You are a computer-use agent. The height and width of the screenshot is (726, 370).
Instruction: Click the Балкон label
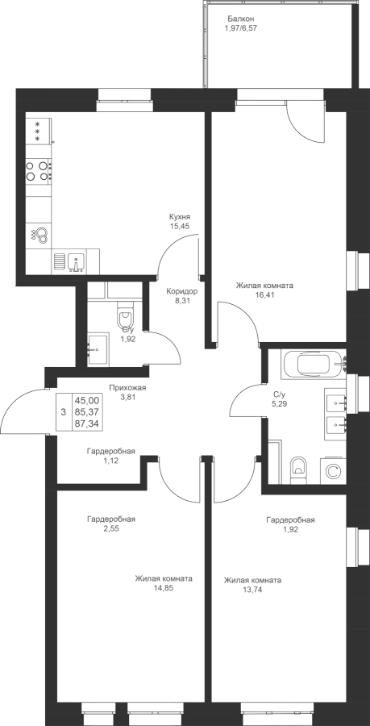[x=241, y=19]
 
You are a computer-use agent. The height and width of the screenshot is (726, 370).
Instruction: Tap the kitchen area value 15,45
[x=180, y=226]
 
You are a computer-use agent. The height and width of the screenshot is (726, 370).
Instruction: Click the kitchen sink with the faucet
[x=76, y=262]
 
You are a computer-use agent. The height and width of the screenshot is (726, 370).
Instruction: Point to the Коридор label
[x=182, y=292]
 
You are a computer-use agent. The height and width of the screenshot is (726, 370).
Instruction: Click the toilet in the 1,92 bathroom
[x=125, y=316]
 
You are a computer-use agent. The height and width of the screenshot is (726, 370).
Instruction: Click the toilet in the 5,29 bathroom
[x=297, y=470]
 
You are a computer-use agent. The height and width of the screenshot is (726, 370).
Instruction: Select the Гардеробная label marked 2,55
[x=111, y=519]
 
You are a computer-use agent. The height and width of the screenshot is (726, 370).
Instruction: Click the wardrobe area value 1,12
[x=111, y=461]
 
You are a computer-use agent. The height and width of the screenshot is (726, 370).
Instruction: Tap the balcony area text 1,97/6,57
[x=240, y=27]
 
